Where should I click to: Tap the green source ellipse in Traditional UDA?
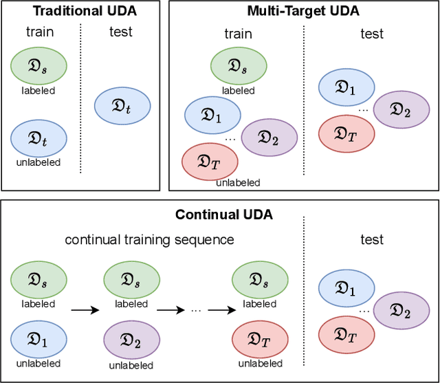coord(38,67)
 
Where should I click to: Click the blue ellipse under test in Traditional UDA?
coord(121,107)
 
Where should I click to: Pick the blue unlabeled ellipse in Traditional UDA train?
coord(38,140)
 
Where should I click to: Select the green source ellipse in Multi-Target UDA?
coord(238,67)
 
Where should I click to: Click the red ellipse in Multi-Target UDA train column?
coord(210,161)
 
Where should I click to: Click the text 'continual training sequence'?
coord(150,240)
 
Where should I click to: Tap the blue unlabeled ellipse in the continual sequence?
coord(39,340)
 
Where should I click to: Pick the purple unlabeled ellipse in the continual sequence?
coord(131,340)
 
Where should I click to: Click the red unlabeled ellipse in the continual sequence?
coord(259,340)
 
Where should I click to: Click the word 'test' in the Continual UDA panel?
coord(372,240)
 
